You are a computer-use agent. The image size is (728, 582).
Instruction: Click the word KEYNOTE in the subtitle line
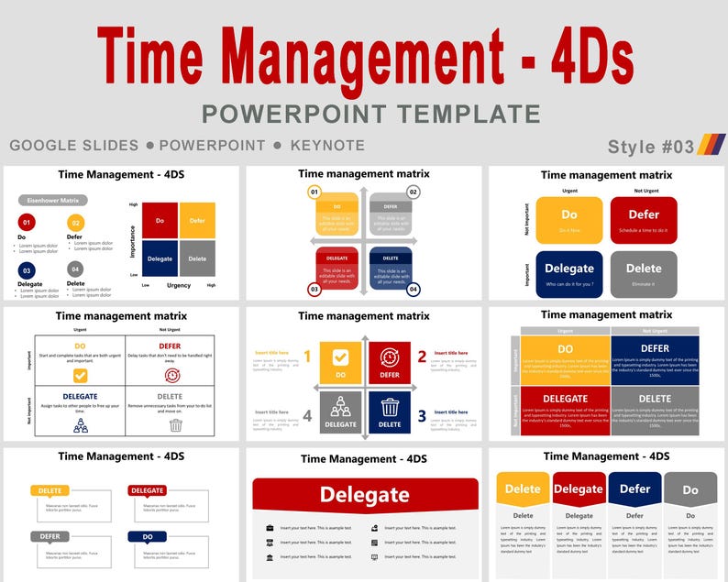[x=327, y=146]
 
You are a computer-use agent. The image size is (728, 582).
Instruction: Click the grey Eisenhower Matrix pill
[x=53, y=200]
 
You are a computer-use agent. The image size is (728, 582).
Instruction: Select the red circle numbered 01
[x=27, y=223]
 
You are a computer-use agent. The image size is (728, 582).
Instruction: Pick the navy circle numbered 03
[x=27, y=270]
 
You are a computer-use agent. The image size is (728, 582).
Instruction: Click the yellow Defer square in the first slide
[x=197, y=221]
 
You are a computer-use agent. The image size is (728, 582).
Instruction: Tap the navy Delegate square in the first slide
[x=160, y=258]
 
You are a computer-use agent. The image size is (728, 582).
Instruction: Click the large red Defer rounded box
[x=644, y=220]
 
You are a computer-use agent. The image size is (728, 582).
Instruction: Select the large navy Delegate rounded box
[x=569, y=274]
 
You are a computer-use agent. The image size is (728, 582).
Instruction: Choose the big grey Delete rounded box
[x=644, y=274]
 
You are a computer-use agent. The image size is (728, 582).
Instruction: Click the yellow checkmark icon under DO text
[x=80, y=376]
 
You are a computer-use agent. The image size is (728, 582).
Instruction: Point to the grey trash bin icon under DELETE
[x=175, y=425]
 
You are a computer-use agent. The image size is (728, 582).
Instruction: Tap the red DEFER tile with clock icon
[x=390, y=362]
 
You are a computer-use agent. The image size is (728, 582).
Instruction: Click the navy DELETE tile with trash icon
[x=390, y=412]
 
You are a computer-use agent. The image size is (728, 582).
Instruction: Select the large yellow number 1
[x=307, y=357]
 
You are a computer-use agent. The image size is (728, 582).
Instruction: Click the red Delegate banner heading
[x=365, y=496]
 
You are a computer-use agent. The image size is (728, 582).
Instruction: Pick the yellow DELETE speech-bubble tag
[x=50, y=490]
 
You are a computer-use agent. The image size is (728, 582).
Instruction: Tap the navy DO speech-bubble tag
[x=148, y=536]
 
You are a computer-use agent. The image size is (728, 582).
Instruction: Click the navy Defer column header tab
[x=634, y=489]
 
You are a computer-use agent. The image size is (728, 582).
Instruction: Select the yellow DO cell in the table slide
[x=565, y=359]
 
